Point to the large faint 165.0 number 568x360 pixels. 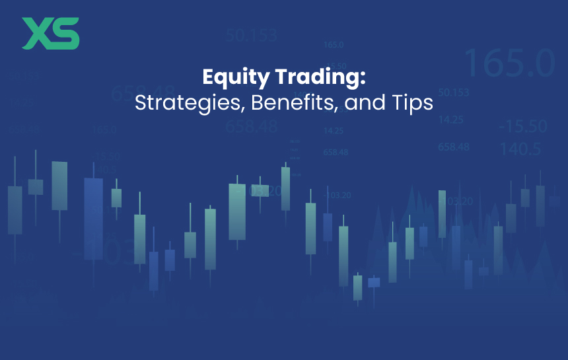509,62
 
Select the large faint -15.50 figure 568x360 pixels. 523,126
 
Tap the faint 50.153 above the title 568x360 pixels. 251,36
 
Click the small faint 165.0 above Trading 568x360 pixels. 334,45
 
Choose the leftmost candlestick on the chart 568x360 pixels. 15,210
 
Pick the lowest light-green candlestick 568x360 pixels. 357,287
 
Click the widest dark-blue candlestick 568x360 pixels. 93,218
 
